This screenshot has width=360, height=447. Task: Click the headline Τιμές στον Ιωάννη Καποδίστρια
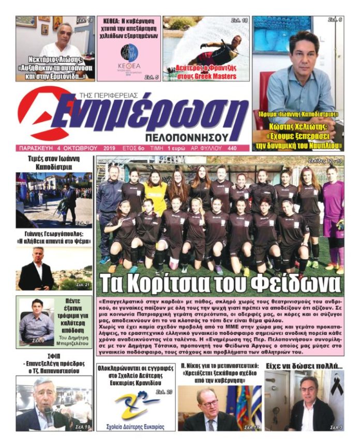54,163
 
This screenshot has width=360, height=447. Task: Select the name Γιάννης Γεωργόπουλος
54,233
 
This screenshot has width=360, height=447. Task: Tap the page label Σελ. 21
83,285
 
